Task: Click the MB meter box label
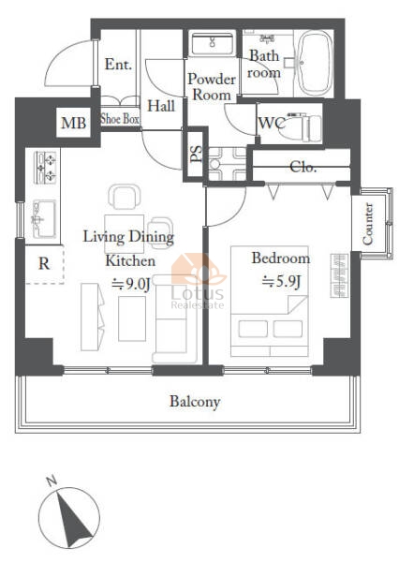pyautogui.click(x=73, y=124)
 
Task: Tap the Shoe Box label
pyautogui.click(x=120, y=119)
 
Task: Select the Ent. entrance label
pyautogui.click(x=118, y=65)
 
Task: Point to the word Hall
pyautogui.click(x=161, y=106)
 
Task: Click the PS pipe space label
pyautogui.click(x=196, y=155)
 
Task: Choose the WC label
pyautogui.click(x=273, y=123)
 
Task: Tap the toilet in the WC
pyautogui.click(x=304, y=127)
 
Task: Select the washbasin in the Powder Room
pyautogui.click(x=212, y=43)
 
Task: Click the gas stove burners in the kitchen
pyautogui.click(x=45, y=168)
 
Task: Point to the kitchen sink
pyautogui.click(x=44, y=219)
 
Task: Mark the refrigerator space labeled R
pyautogui.click(x=44, y=264)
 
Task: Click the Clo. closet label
pyautogui.click(x=303, y=167)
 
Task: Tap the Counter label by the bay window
pyautogui.click(x=367, y=224)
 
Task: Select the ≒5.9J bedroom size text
pyautogui.click(x=281, y=282)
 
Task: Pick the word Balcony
pyautogui.click(x=195, y=402)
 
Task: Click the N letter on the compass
pyautogui.click(x=52, y=481)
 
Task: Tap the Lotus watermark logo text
pyautogui.click(x=197, y=293)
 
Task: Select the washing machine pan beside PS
pyautogui.click(x=228, y=164)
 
